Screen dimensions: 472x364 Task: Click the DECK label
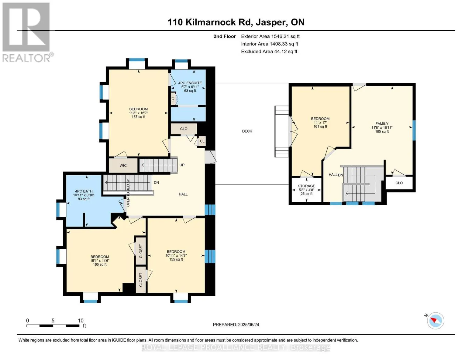247,131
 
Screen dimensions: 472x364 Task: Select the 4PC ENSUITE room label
190,83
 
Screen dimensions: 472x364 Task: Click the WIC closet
123,165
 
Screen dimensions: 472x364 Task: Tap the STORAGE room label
306,186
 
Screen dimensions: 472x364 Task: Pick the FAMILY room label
382,124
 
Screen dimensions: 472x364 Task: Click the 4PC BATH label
84,191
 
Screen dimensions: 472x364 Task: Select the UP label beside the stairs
182,165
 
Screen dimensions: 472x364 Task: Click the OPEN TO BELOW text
128,193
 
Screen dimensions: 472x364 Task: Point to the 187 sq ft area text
139,117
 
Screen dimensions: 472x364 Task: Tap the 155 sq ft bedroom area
176,259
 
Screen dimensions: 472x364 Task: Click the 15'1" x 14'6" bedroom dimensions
100,261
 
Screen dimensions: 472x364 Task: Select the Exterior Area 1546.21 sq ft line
270,36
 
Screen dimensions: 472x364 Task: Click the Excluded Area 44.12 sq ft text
269,52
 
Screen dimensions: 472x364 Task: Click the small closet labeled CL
202,141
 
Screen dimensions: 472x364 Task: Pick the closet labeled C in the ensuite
173,99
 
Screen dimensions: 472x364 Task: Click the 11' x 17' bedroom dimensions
320,123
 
